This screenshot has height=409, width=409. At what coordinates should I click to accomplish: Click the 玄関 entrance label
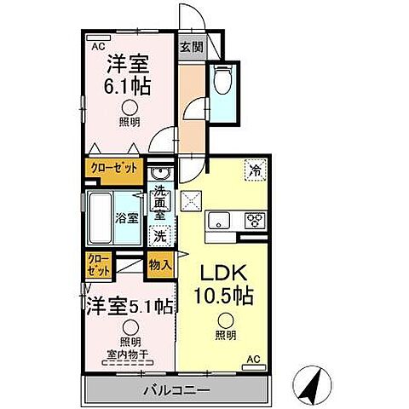pyautogui.click(x=192, y=49)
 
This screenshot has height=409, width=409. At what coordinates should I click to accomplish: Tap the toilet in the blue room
pyautogui.click(x=222, y=82)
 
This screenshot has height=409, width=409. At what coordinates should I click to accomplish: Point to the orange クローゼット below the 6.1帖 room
pyautogui.click(x=114, y=167)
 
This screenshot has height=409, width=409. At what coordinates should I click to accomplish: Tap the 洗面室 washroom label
pyautogui.click(x=159, y=204)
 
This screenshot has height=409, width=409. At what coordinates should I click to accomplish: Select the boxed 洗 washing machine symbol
pyautogui.click(x=158, y=236)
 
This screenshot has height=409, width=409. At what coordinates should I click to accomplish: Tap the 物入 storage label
pyautogui.click(x=159, y=264)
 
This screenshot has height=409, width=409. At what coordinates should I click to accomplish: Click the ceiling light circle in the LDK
pyautogui.click(x=224, y=321)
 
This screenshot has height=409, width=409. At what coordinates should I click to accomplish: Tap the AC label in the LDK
pyautogui.click(x=253, y=359)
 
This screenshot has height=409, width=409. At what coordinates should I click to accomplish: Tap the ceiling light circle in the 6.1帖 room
pyautogui.click(x=129, y=107)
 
